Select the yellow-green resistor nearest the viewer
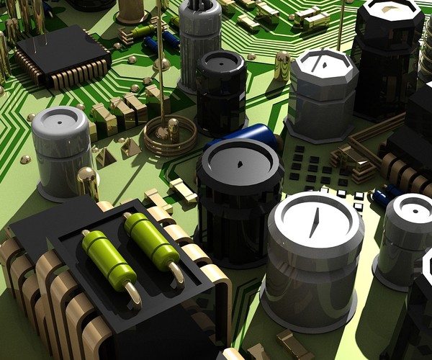(109, 261)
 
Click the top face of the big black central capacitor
(240, 161)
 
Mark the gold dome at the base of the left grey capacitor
(86, 180)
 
